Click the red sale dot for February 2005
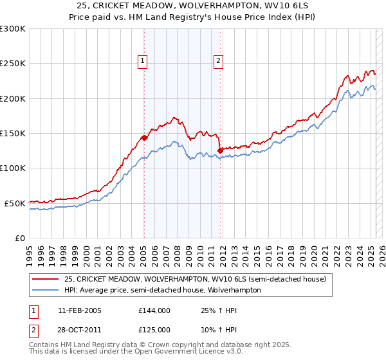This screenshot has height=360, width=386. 144,137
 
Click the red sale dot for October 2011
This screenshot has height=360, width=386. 221,150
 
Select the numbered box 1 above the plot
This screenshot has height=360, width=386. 142,61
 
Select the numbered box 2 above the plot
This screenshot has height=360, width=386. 219,61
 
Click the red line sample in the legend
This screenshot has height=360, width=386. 46,279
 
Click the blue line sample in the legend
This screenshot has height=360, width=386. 46,290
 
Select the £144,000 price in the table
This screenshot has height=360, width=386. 154,310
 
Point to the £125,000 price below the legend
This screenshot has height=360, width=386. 154,329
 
